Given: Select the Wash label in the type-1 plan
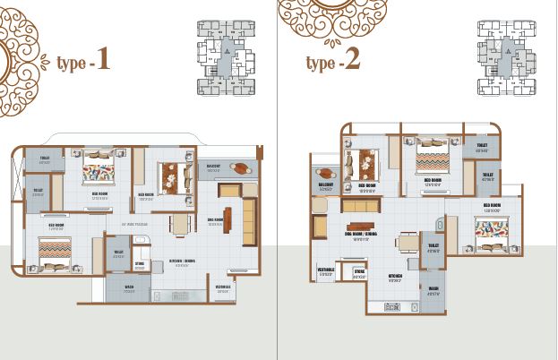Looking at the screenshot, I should pyautogui.click(x=129, y=287).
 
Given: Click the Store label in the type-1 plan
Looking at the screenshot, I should pyautogui.click(x=141, y=264).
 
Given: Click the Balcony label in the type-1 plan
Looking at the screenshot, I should pyautogui.click(x=214, y=167).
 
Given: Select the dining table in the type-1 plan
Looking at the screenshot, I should pyautogui.click(x=179, y=223).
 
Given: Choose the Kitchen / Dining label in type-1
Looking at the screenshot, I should pyautogui.click(x=182, y=262).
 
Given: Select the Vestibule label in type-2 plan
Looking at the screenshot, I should pyautogui.click(x=326, y=269).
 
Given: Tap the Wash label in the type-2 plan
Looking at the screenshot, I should pyautogui.click(x=434, y=289).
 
